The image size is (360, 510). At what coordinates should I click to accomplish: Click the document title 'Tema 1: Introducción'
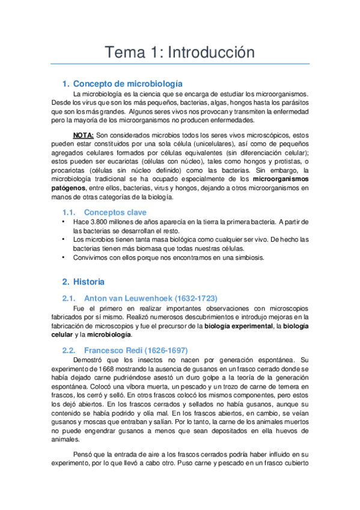[180, 52]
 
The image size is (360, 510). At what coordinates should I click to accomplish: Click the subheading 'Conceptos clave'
[115, 212]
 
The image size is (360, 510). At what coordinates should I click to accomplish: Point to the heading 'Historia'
[88, 281]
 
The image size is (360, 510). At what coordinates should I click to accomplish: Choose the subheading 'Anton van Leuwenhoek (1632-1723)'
[151, 298]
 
